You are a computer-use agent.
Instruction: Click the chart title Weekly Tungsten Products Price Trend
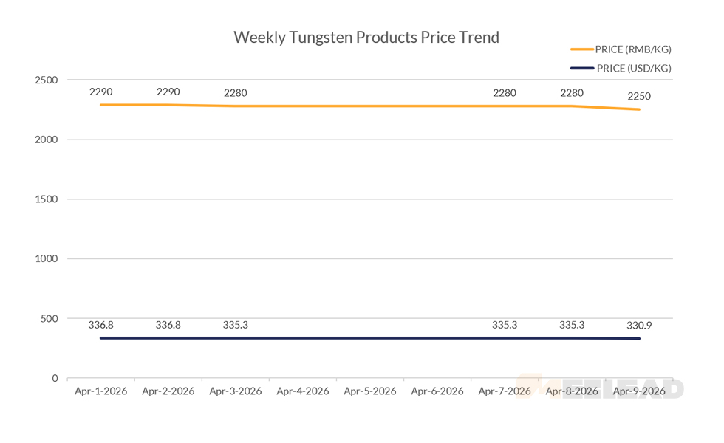(x=366, y=37)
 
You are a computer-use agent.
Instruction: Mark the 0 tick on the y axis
(x=54, y=378)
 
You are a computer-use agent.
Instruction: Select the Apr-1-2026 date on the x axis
(x=100, y=391)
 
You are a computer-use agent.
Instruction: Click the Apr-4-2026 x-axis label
(x=303, y=391)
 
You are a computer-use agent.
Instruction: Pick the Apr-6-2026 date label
(x=437, y=391)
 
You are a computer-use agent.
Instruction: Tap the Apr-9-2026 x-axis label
(x=639, y=391)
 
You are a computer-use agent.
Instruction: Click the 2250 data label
(x=639, y=97)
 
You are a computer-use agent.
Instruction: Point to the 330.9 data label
(x=639, y=325)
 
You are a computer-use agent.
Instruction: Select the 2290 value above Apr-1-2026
(x=100, y=92)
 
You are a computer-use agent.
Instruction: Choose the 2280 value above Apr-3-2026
(x=236, y=93)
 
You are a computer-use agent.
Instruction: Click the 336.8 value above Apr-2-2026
(x=168, y=325)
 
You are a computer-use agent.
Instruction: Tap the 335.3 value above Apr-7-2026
(x=505, y=325)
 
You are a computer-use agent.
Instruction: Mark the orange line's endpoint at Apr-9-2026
(x=639, y=109)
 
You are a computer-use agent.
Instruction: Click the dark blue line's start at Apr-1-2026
(x=100, y=338)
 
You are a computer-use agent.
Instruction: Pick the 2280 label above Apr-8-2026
(x=572, y=93)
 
